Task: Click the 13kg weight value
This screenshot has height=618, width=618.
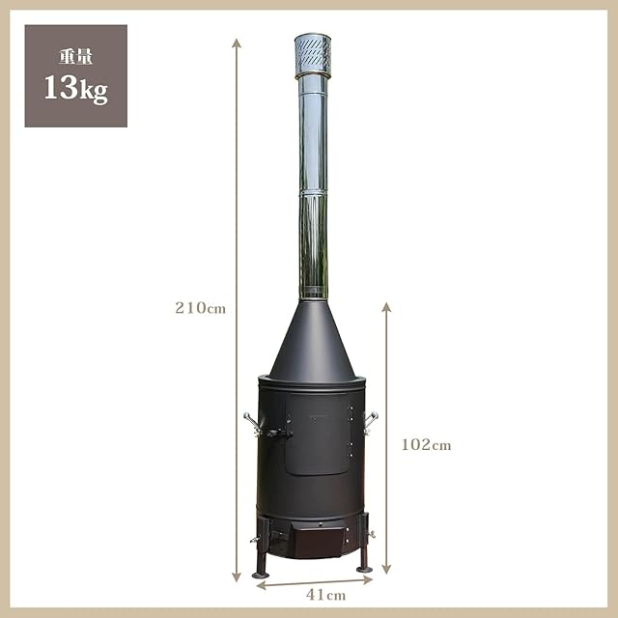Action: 75,90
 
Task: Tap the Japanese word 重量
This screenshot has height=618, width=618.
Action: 75,57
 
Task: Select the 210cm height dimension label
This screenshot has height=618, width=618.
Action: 200,308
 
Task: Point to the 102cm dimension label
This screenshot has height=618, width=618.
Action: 427,445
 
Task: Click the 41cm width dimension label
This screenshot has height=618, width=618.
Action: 326,595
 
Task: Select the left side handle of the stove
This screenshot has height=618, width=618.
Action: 252,423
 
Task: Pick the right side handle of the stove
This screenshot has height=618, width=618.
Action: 371,423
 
